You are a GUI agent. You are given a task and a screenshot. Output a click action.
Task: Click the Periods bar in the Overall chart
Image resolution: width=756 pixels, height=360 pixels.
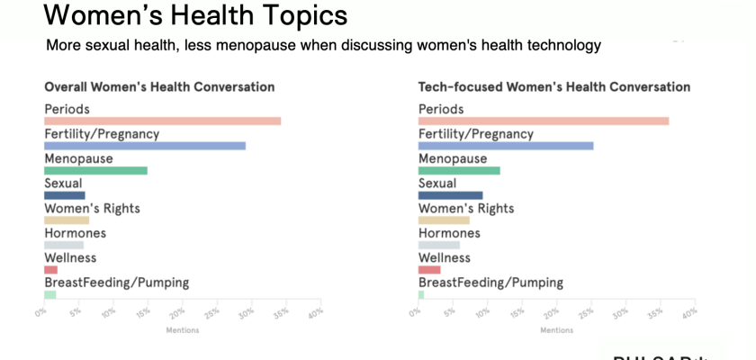tap(163, 121)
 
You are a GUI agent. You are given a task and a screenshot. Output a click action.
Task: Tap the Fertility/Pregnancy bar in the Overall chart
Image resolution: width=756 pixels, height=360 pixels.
tap(145, 146)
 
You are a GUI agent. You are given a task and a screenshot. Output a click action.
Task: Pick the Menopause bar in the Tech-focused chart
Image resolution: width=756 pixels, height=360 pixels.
tap(459, 170)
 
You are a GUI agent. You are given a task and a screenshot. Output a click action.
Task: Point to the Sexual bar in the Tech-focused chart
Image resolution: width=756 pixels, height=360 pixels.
tap(450, 195)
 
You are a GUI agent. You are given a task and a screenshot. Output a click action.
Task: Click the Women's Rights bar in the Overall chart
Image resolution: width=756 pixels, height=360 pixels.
tap(67, 220)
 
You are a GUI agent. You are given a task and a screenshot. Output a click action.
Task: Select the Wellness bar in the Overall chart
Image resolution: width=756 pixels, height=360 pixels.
tap(50, 269)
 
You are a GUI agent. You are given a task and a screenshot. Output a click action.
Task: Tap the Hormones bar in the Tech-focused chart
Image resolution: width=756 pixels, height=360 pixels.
tap(438, 245)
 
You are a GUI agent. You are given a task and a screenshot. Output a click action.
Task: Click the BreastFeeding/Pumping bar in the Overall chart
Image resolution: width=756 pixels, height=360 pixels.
tap(49, 294)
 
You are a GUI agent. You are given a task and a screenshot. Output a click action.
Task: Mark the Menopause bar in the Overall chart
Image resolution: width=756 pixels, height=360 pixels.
tap(95, 170)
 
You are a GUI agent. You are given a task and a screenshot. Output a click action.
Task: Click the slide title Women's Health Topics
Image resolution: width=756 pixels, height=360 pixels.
tap(194, 15)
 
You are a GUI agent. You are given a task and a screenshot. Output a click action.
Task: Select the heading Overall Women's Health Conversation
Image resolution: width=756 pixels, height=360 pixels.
tap(159, 87)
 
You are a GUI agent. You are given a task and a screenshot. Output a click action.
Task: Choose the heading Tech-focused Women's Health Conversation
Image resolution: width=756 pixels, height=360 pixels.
tap(554, 87)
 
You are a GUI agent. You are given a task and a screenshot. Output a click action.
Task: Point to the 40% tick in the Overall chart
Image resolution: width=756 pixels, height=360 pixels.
tap(315, 312)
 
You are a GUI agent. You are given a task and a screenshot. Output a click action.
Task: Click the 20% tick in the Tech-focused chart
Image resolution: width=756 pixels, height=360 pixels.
tap(551, 312)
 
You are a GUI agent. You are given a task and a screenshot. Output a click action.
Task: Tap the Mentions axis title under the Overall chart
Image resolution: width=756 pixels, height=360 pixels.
tap(182, 329)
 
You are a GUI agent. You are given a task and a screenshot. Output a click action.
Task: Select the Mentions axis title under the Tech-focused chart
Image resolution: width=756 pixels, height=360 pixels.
tap(555, 329)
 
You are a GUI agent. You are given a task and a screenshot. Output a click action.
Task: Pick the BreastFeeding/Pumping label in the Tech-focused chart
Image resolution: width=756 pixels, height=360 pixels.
tap(490, 283)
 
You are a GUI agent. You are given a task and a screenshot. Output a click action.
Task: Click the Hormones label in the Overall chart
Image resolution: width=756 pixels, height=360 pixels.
tap(76, 233)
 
